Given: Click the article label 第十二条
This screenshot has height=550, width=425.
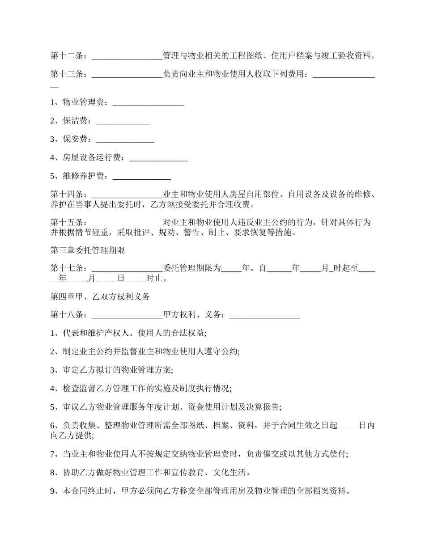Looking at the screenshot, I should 67,56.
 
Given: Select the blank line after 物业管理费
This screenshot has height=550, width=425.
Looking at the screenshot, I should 148,102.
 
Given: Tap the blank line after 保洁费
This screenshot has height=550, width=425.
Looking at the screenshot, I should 123,121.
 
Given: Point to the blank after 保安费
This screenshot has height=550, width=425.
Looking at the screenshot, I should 125,139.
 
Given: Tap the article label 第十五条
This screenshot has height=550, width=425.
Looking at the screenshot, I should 67,222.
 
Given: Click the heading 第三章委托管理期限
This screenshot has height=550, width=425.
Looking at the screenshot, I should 88,250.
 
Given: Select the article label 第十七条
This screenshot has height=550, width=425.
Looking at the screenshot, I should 67,269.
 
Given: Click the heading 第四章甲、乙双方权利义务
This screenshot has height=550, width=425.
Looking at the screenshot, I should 100,296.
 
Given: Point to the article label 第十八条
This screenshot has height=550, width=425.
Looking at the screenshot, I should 67,315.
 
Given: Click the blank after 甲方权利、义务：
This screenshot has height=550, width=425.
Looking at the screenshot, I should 264,315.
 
